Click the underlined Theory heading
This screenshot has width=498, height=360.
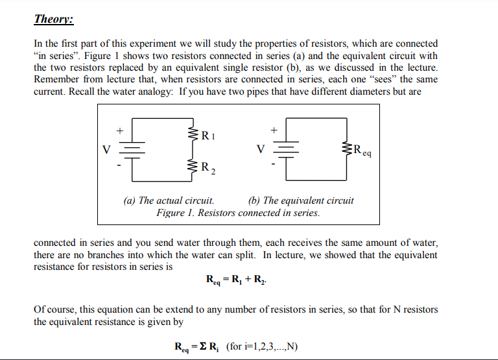(x=54, y=19)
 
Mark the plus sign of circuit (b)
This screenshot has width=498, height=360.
(x=274, y=130)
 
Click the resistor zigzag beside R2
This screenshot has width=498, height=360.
(x=193, y=167)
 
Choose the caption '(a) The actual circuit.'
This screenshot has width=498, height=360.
(x=169, y=200)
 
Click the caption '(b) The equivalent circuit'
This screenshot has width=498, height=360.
(x=301, y=200)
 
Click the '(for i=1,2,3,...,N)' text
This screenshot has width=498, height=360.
(x=262, y=346)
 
